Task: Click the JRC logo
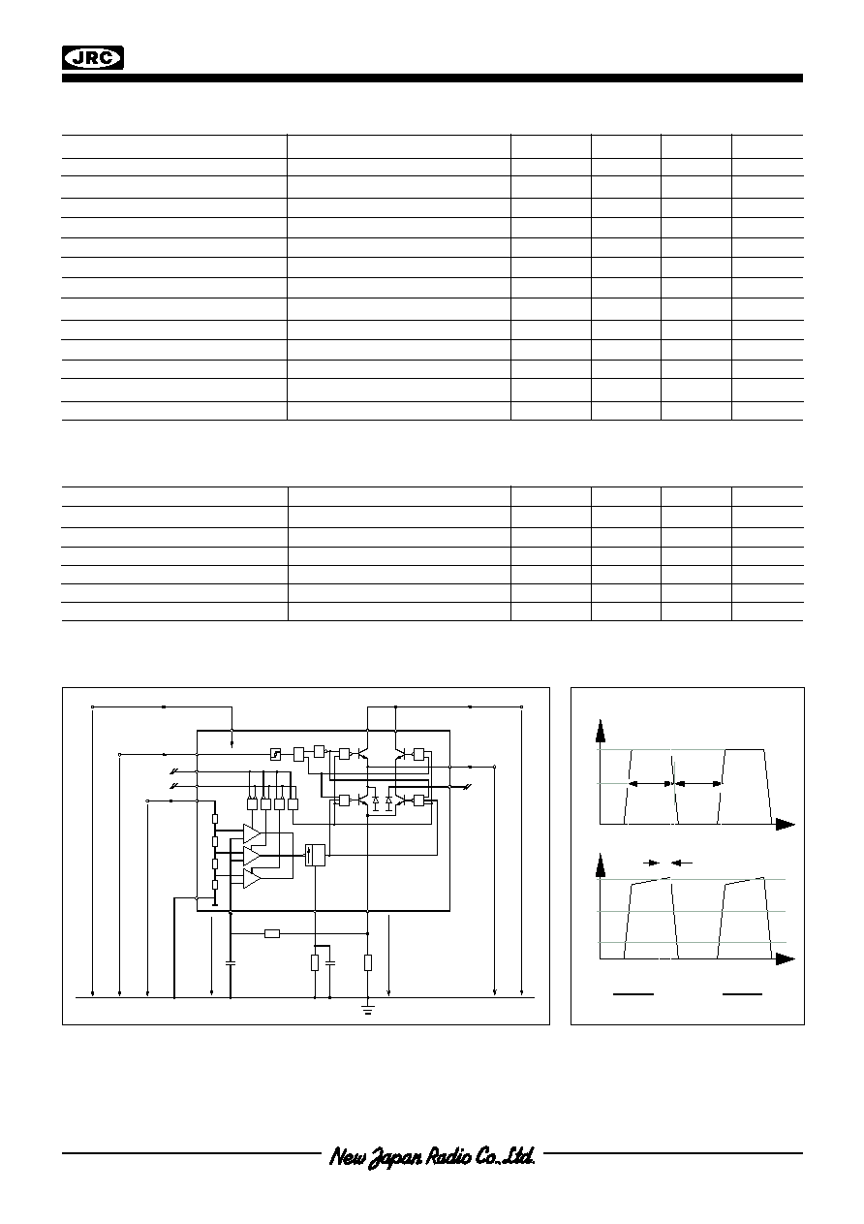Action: click(93, 57)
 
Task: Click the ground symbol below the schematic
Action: click(367, 1011)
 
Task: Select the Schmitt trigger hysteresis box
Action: click(276, 755)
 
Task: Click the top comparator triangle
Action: click(252, 833)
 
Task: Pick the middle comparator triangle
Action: click(252, 855)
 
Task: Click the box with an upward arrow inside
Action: click(315, 855)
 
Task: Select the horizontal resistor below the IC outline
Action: click(272, 934)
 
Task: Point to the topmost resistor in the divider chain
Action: click(215, 819)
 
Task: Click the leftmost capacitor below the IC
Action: click(231, 962)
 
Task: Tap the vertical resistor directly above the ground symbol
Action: click(368, 962)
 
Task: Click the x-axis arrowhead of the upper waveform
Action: click(785, 825)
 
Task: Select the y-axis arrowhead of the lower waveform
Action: click(601, 863)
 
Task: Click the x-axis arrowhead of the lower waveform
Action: click(785, 958)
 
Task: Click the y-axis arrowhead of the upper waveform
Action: click(601, 731)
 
